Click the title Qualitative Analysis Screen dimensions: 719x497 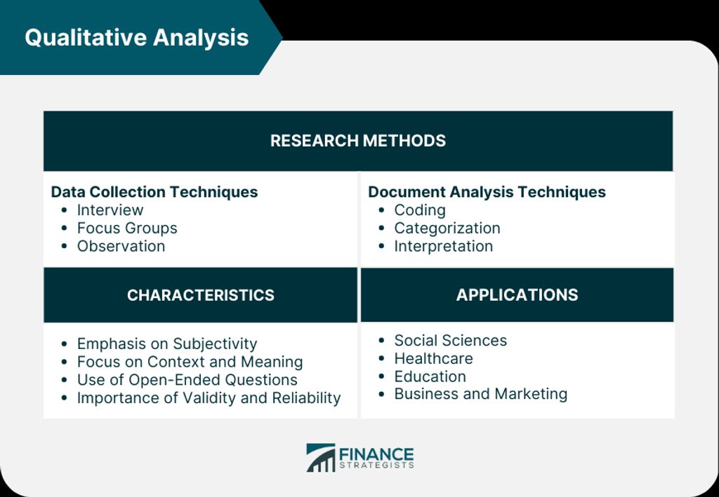pos(137,38)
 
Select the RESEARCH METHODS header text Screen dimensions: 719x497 pos(358,140)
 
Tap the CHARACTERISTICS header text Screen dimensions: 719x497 pos(201,295)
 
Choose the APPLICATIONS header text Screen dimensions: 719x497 pos(517,295)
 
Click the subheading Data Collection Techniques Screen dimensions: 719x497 pos(154,192)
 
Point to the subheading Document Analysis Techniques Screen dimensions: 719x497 pos(487,192)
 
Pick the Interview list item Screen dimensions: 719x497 pos(110,210)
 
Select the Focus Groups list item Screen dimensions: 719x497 pos(127,228)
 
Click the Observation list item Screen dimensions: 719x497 pos(121,246)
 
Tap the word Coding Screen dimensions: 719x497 pos(420,210)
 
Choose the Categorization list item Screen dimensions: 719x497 pos(447,228)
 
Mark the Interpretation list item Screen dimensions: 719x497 pos(444,246)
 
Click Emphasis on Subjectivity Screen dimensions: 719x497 pos(167,343)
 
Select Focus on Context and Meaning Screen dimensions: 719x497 pos(190,362)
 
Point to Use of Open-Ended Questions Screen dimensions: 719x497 pos(187,380)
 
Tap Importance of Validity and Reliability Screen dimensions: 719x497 pos(209,398)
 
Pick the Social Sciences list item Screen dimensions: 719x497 pos(451,341)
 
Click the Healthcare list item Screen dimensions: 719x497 pos(433,358)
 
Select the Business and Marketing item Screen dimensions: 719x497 pos(481,394)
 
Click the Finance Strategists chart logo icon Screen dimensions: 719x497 pos(321,457)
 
